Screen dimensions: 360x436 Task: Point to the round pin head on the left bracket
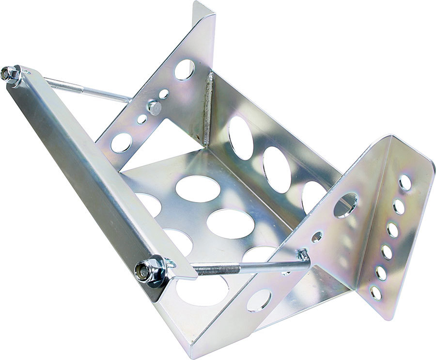[x=155, y=107]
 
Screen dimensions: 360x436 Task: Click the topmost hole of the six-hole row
[x=405, y=182]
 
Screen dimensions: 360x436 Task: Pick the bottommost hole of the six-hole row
[x=375, y=292]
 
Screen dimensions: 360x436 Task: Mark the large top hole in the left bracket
[x=185, y=69]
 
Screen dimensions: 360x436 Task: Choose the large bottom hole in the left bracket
[x=121, y=142]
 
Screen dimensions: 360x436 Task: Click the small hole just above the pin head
[x=164, y=94]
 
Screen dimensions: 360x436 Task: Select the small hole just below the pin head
[x=142, y=119]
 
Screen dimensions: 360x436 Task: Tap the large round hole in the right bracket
[x=345, y=205]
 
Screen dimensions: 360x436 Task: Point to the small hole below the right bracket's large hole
[x=317, y=236]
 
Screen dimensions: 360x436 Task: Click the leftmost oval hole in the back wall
[x=240, y=138]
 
